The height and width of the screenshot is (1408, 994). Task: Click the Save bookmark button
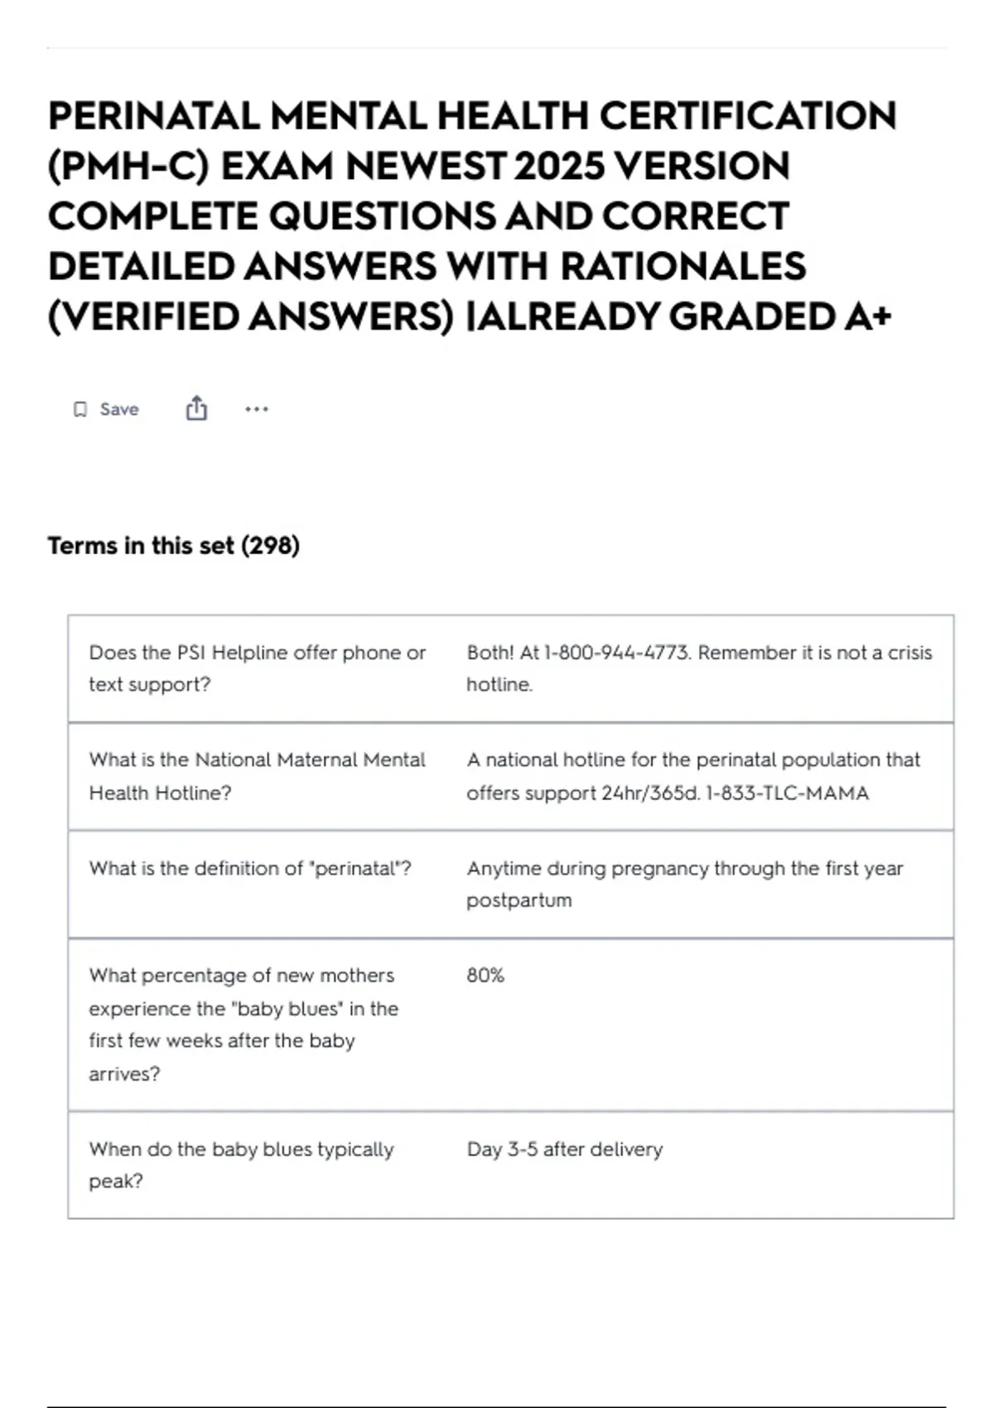point(106,409)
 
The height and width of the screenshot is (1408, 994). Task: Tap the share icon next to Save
point(196,408)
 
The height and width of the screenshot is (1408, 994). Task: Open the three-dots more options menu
point(257,409)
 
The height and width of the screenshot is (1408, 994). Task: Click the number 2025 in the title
point(558,166)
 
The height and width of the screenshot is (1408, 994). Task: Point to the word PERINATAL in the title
point(154,116)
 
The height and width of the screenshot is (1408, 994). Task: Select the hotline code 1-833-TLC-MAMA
point(787,793)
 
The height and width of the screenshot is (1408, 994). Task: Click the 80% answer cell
point(485,976)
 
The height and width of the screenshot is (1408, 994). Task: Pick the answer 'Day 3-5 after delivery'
point(565,1150)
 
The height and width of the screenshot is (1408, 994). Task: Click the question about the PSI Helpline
point(257,668)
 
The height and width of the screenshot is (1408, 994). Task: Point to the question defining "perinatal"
point(250,869)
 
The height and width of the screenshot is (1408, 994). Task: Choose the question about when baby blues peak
point(241,1164)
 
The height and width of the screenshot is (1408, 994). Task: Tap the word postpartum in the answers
point(519,900)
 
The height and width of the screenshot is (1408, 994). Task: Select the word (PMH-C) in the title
point(128,166)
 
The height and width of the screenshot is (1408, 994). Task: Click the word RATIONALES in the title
point(683,267)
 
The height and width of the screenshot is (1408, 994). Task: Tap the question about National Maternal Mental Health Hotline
point(257,776)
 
